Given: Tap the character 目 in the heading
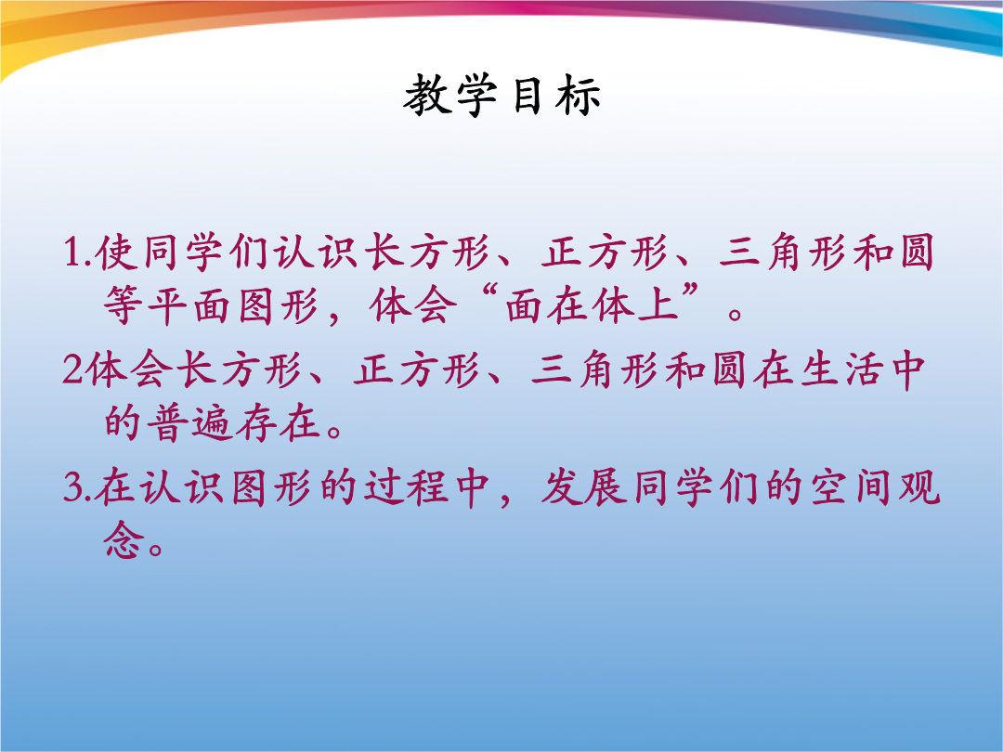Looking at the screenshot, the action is click(528, 96).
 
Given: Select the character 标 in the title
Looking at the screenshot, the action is click(578, 96).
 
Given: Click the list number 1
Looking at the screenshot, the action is click(72, 252).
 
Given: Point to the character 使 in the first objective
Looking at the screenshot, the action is click(116, 252).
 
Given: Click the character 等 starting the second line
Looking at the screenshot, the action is click(123, 305).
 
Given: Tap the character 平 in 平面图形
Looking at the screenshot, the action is click(166, 305).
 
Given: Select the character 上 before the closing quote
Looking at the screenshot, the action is click(658, 304).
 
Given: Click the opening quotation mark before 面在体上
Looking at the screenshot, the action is click(490, 294).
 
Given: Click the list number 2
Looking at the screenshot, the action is click(72, 369).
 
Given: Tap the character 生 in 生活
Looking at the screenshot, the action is click(819, 370).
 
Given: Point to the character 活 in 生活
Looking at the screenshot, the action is click(863, 370).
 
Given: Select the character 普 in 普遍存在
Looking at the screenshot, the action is click(166, 422).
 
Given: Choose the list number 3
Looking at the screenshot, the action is click(72, 487).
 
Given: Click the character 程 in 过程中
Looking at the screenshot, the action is click(428, 487).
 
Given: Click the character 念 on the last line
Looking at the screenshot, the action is click(123, 540).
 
